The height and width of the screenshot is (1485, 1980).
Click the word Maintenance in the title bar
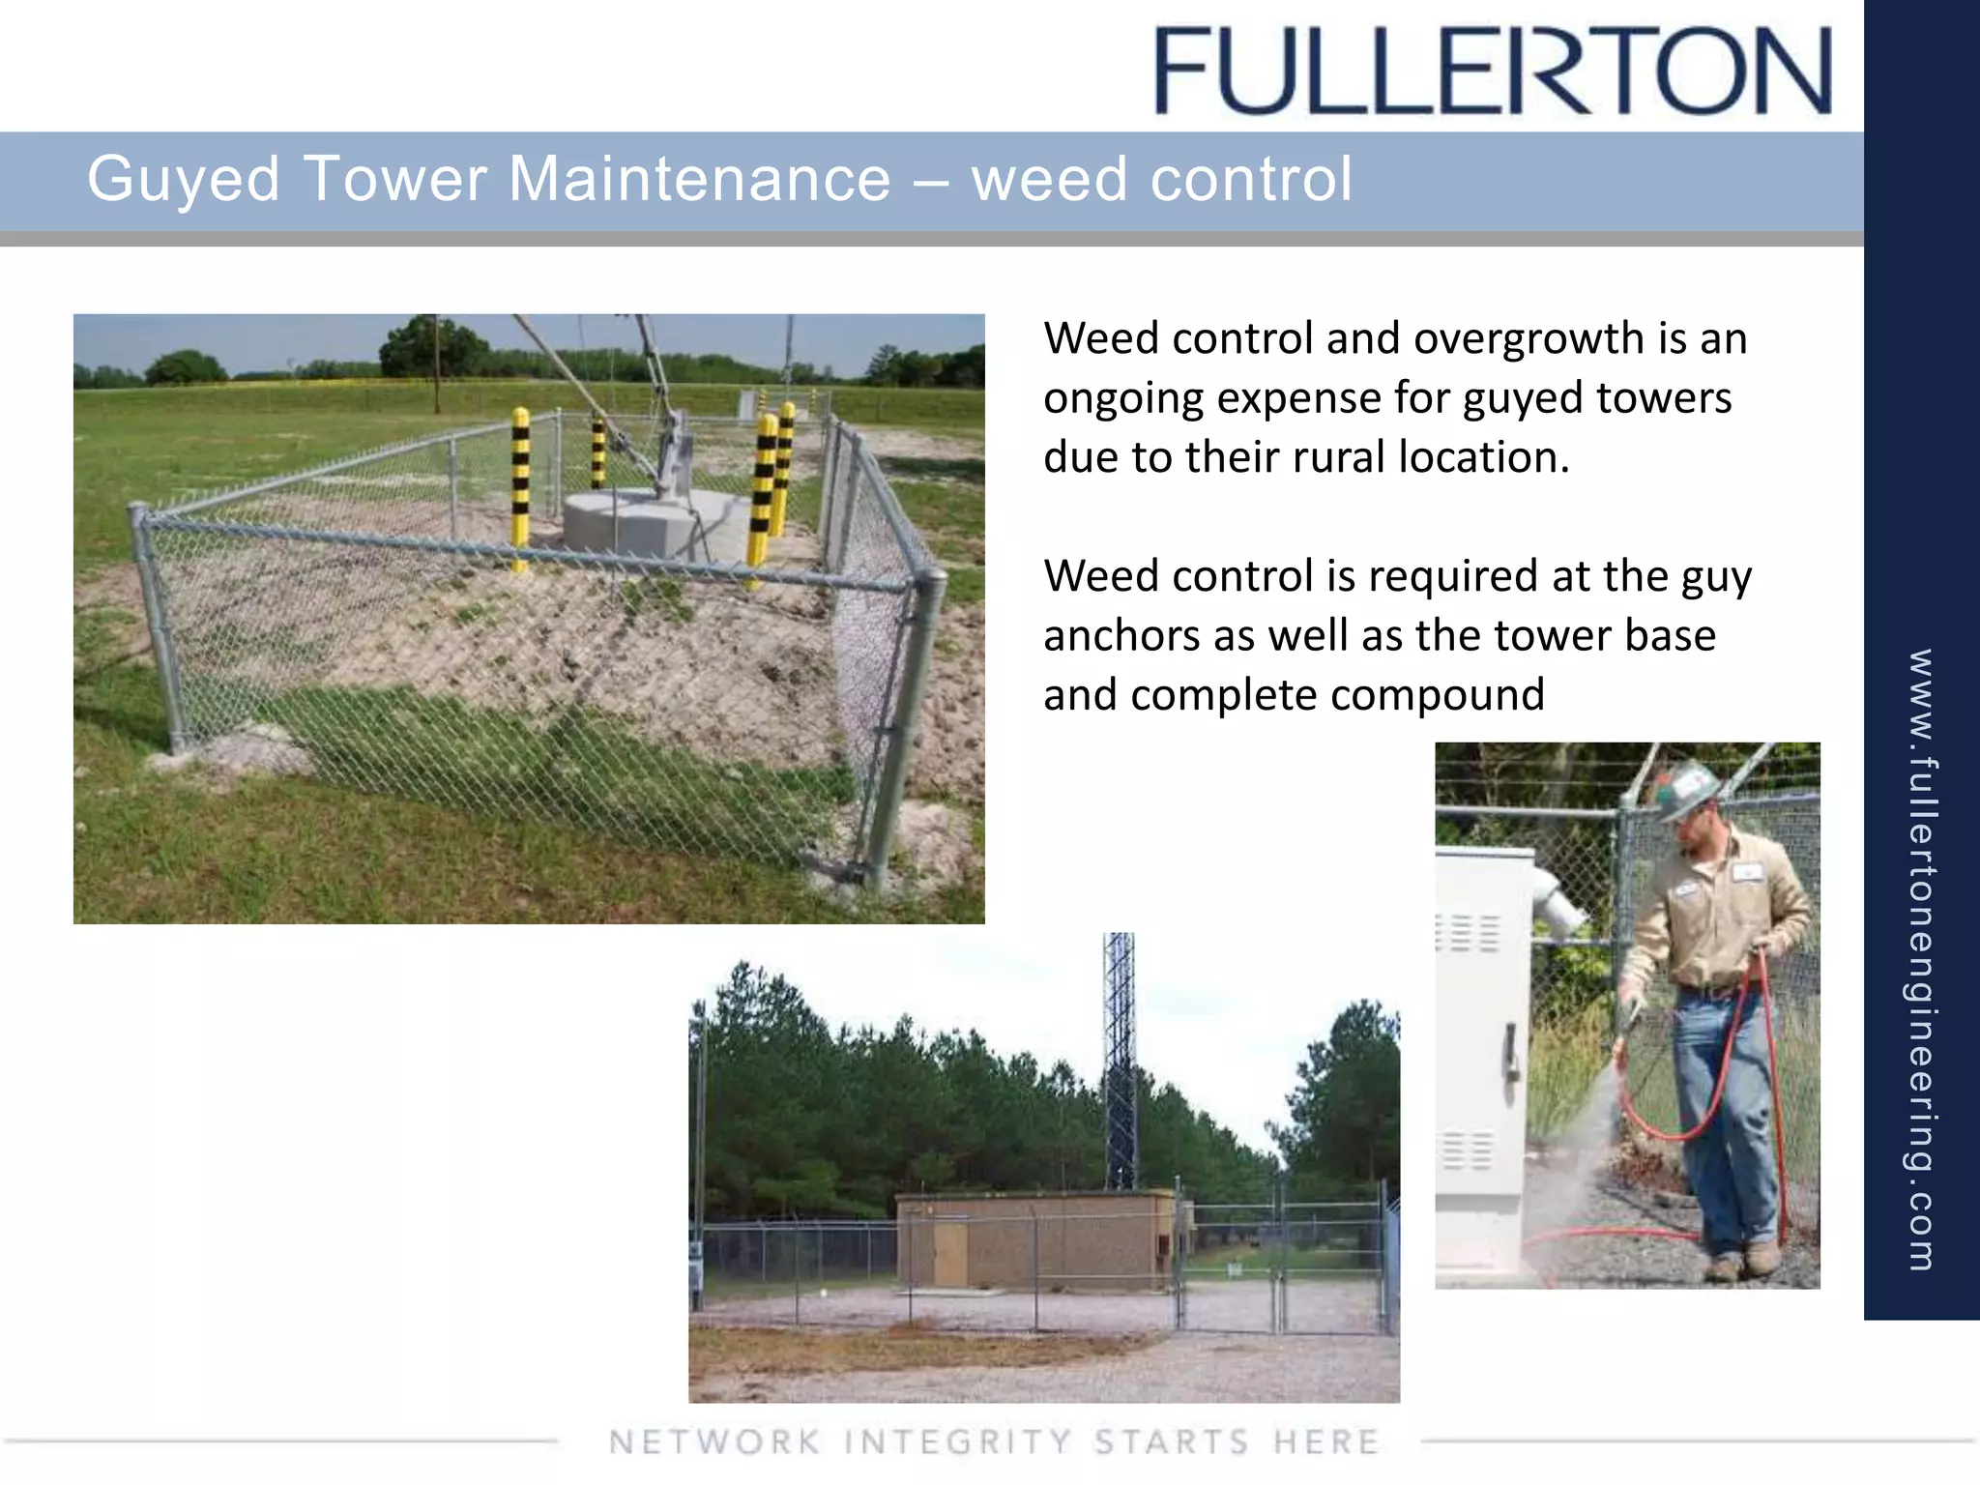(x=698, y=179)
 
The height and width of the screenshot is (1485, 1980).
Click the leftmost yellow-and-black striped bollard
(x=520, y=488)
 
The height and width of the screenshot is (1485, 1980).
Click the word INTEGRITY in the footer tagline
(x=957, y=1441)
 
